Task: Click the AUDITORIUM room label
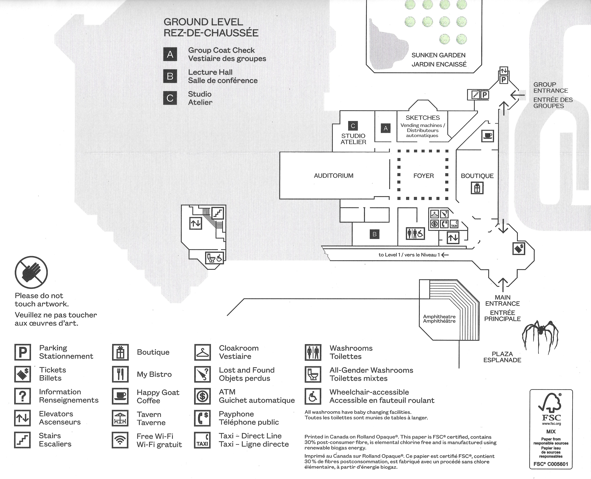click(x=334, y=176)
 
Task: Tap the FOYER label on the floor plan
click(x=423, y=176)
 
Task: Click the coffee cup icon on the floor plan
click(x=487, y=136)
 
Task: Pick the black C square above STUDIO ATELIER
click(x=353, y=126)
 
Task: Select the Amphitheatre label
click(x=439, y=319)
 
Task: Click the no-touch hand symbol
click(x=31, y=272)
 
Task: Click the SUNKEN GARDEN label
click(x=438, y=55)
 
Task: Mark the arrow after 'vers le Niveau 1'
click(x=445, y=255)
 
